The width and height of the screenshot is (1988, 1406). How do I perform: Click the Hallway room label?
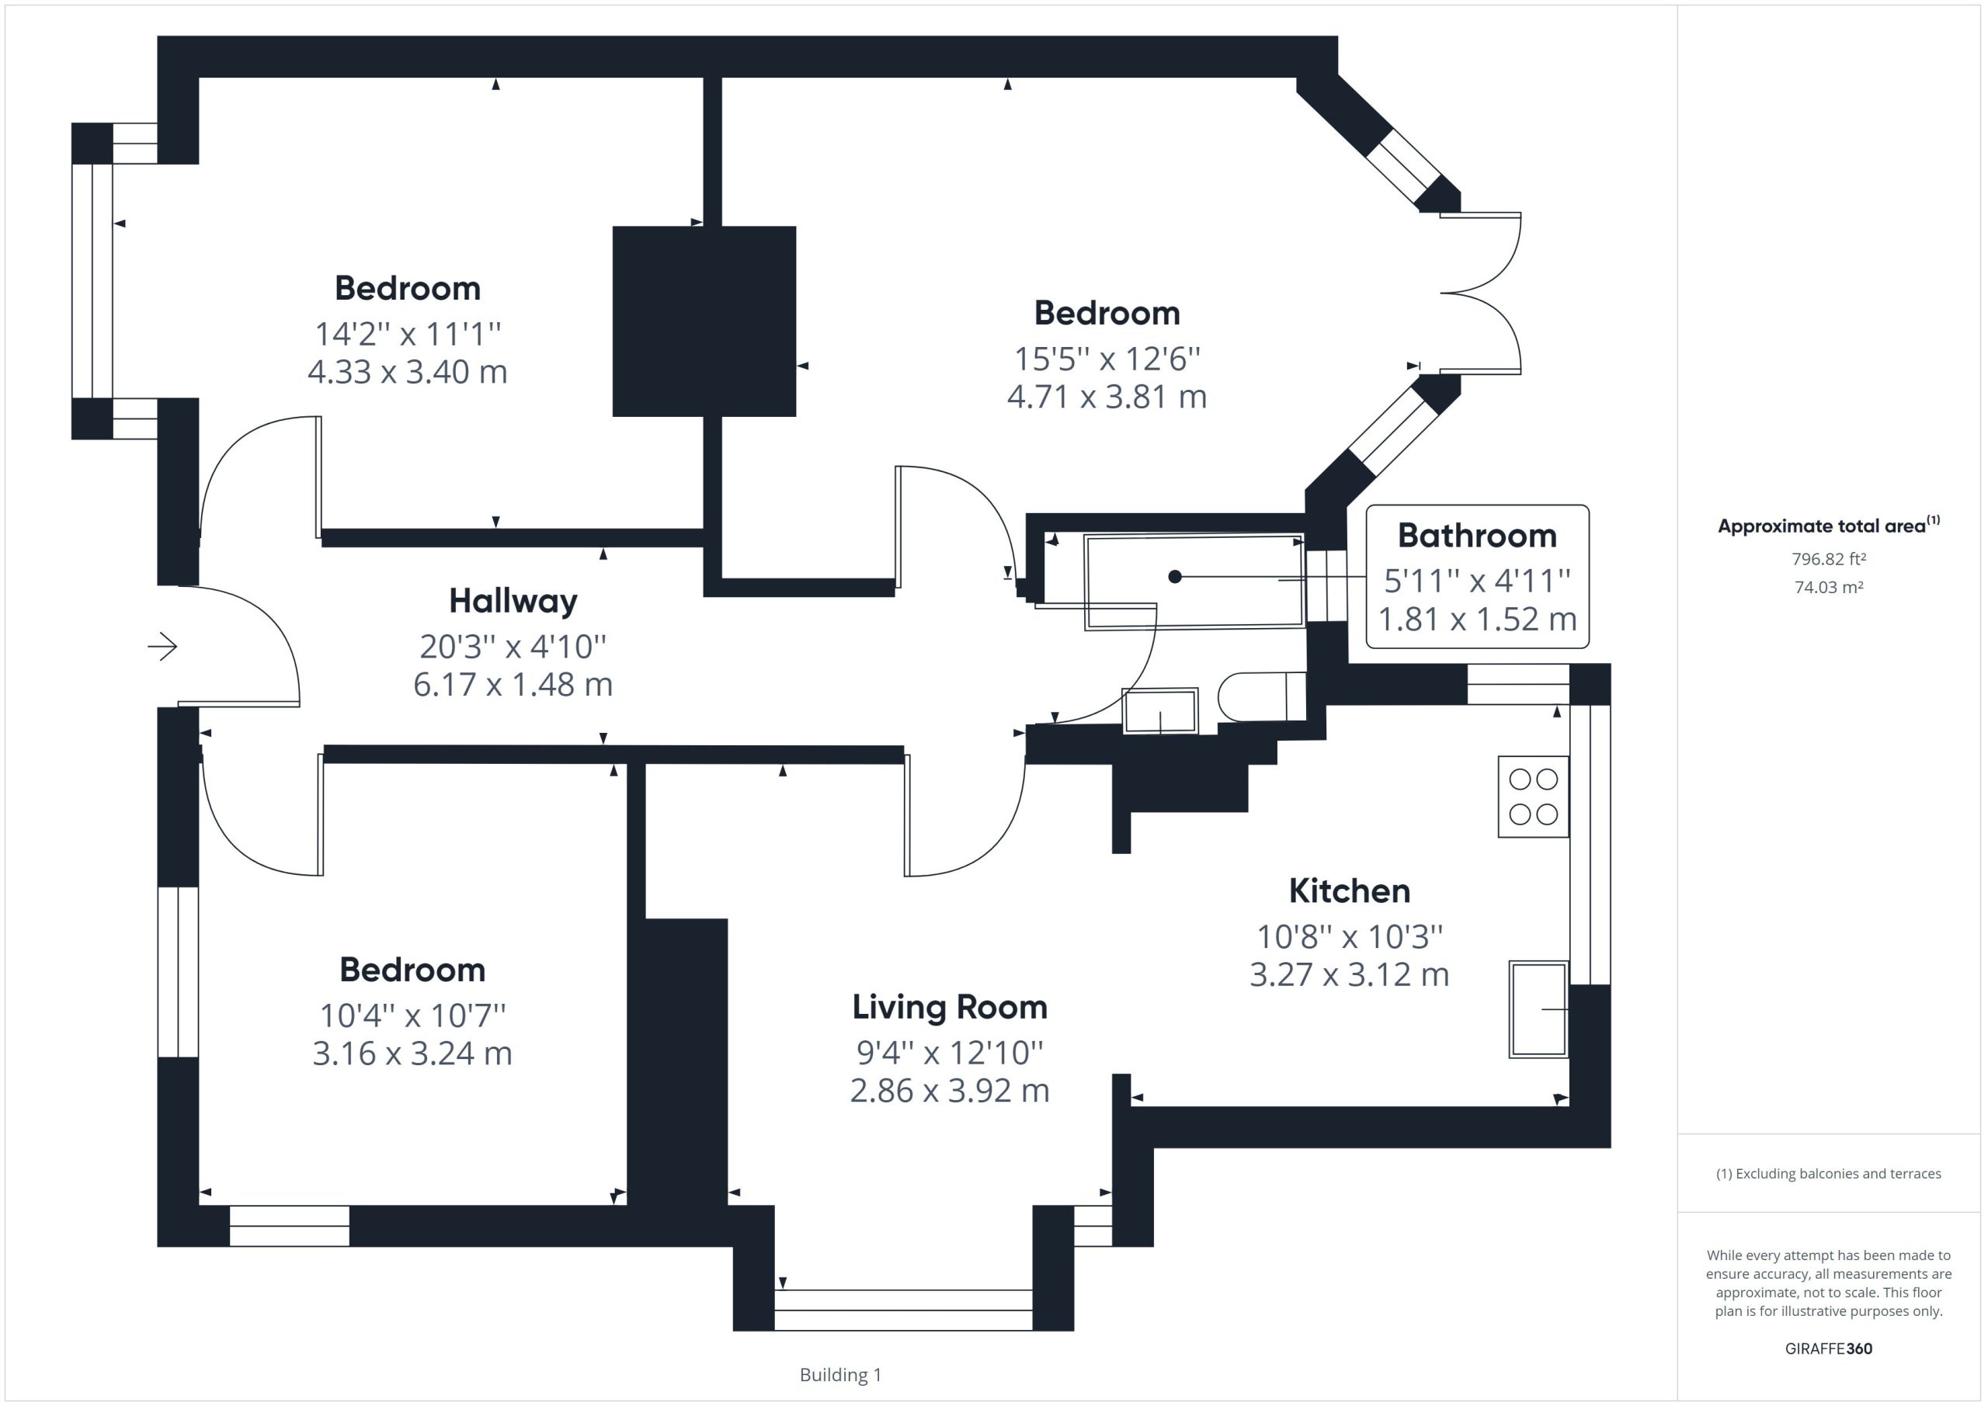click(513, 601)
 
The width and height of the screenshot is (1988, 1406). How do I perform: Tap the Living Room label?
click(950, 1007)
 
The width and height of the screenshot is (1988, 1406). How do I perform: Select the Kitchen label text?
click(1349, 890)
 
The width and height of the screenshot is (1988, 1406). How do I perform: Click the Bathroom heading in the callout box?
click(1477, 536)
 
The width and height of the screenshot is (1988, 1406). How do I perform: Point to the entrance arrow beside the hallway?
click(163, 647)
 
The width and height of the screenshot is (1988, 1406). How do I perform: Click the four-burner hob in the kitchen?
click(1534, 797)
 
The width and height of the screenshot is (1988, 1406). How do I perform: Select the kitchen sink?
click(1538, 1009)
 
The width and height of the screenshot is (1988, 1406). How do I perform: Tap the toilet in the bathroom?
click(1262, 696)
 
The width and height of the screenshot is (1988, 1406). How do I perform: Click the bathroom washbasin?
click(1160, 711)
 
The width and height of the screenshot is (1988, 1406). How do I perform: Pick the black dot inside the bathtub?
click(1175, 577)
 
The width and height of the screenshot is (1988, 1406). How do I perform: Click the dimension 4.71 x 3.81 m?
click(1107, 397)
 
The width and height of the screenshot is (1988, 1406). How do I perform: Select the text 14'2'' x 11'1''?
click(408, 333)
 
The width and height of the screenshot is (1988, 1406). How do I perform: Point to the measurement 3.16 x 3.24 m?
click(412, 1054)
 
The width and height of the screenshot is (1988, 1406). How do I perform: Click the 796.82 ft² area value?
click(1829, 559)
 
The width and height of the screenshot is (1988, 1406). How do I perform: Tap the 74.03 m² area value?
click(1829, 587)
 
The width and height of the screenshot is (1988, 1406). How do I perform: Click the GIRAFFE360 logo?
click(1829, 1348)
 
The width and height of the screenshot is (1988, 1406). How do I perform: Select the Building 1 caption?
click(840, 1374)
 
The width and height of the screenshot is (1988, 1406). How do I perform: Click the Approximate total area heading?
click(1829, 526)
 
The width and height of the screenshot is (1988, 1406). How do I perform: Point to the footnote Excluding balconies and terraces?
click(1829, 1173)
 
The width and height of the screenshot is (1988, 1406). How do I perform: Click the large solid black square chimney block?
click(704, 321)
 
